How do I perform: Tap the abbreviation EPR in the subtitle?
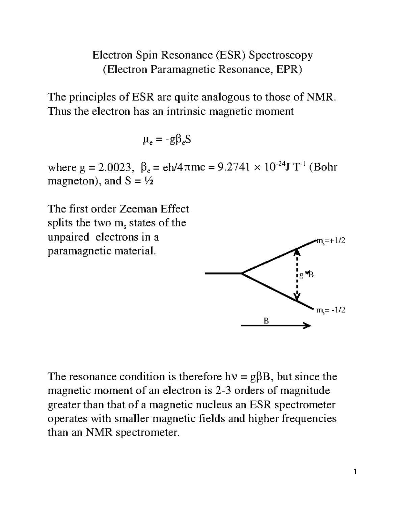289,70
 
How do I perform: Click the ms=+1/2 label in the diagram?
330,241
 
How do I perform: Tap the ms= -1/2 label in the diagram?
330,310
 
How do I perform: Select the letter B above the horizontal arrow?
266,321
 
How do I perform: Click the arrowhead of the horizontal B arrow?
307,326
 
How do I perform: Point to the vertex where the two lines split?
242,273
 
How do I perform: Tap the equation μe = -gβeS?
167,140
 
